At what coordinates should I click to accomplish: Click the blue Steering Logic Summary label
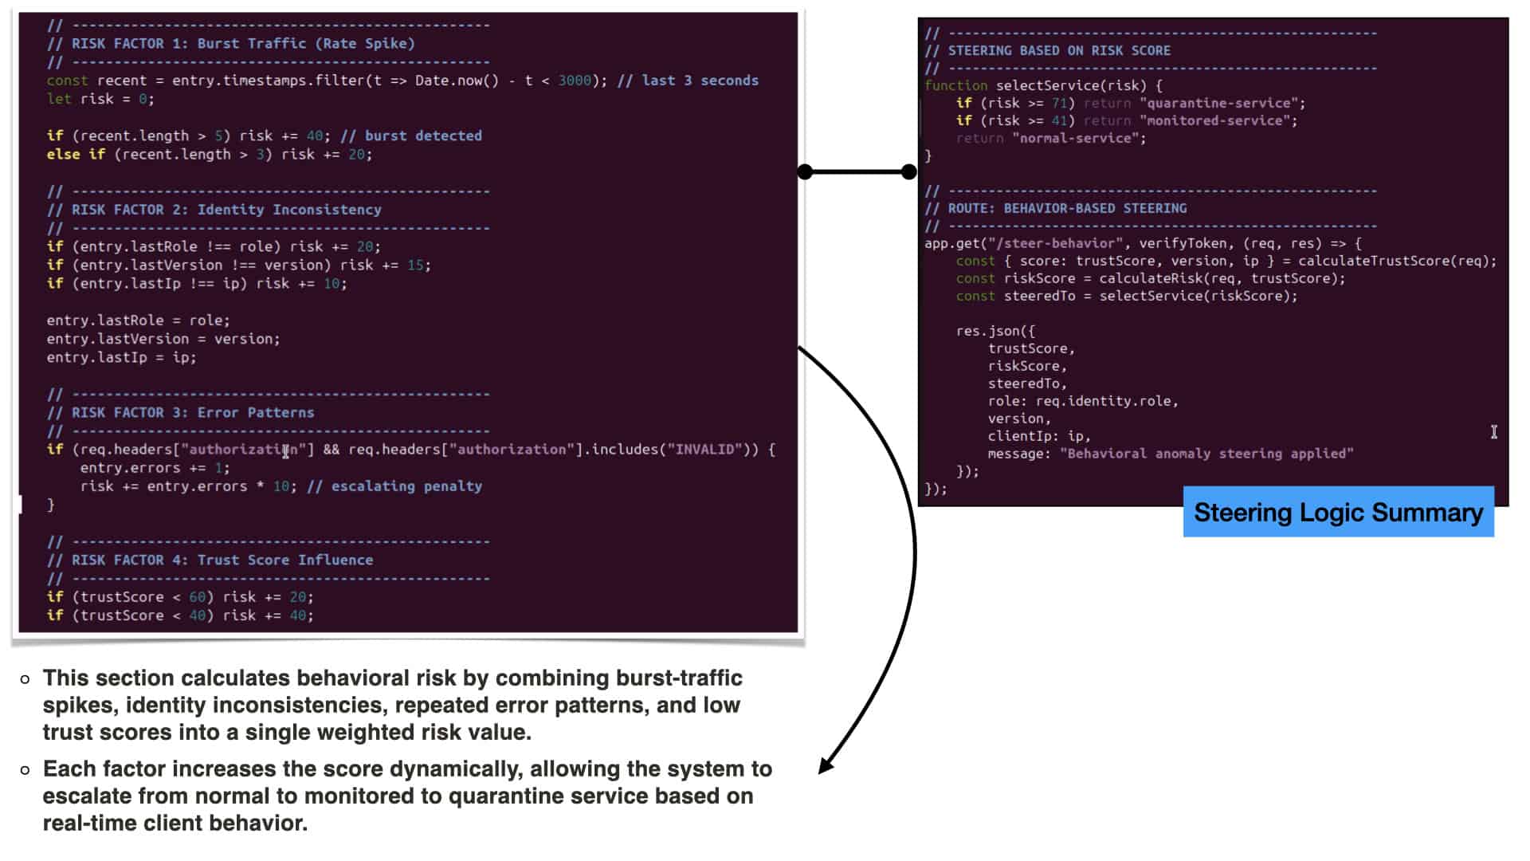(x=1338, y=512)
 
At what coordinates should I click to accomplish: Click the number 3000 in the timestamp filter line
(x=575, y=81)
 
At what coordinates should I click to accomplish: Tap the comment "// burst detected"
(x=411, y=136)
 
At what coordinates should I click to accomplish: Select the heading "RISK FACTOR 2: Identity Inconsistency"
(x=226, y=210)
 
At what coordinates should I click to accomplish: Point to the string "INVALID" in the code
(x=704, y=450)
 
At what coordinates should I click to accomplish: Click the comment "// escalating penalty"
(x=394, y=486)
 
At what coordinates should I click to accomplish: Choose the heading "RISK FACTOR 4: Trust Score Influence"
(x=222, y=560)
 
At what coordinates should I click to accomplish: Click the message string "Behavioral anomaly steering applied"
(x=1206, y=454)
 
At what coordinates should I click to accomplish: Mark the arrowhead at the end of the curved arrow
(x=826, y=765)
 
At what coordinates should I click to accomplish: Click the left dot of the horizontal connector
(x=805, y=171)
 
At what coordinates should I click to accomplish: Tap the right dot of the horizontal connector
(x=908, y=171)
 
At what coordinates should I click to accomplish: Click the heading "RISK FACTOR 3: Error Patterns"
(x=193, y=413)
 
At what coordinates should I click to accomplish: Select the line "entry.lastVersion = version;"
(x=163, y=339)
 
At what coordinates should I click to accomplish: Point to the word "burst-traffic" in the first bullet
(x=678, y=678)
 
